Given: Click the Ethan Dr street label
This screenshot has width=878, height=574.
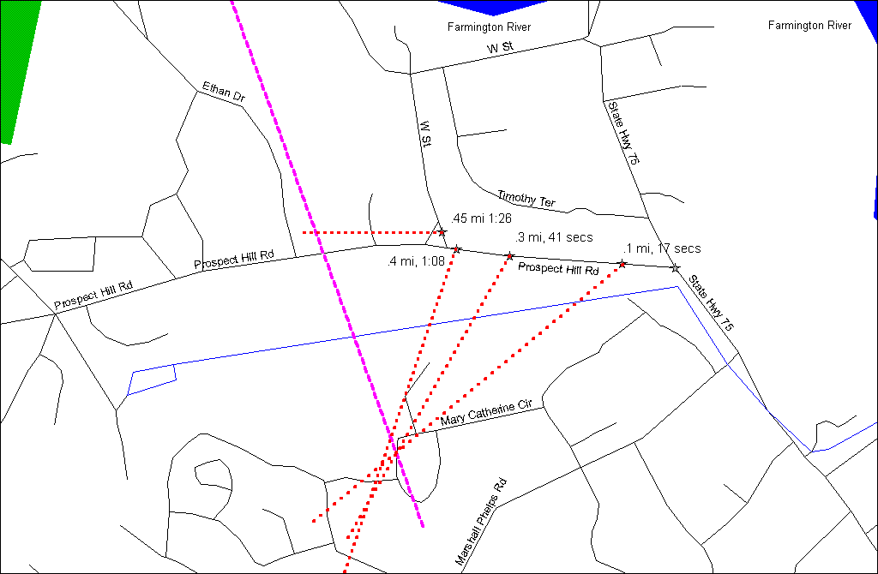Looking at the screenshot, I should [224, 93].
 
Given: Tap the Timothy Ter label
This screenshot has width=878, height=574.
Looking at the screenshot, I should [526, 199].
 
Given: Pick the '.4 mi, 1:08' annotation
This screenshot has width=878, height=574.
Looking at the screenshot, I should [417, 261].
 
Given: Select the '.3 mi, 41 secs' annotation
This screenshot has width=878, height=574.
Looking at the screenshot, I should [553, 237].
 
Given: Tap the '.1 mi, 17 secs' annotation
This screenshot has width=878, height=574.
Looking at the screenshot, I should [662, 248].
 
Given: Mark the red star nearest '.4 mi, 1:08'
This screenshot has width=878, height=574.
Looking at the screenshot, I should [456, 249].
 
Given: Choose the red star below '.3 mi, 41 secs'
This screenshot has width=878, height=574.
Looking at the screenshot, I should [510, 255].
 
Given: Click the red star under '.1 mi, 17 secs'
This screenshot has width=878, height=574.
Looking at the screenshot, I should [622, 263].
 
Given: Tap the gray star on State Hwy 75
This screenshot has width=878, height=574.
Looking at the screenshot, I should [675, 268].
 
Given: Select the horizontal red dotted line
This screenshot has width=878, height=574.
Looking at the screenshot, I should [369, 232].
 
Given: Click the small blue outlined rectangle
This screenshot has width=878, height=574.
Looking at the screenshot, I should [152, 379].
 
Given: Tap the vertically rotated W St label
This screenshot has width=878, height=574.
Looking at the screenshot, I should [424, 135].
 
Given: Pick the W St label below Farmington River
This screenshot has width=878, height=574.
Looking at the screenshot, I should [500, 48].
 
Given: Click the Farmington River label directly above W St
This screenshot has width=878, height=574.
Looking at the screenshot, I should [489, 27].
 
